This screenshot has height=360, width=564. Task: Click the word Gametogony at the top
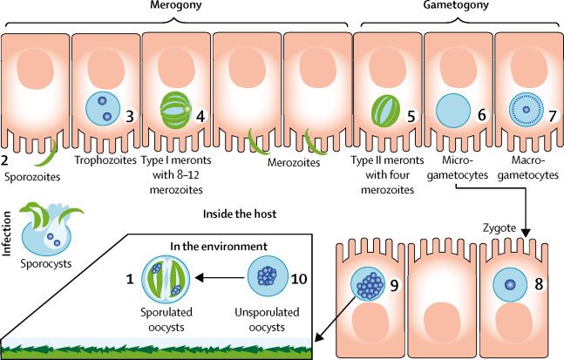click(457, 8)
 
